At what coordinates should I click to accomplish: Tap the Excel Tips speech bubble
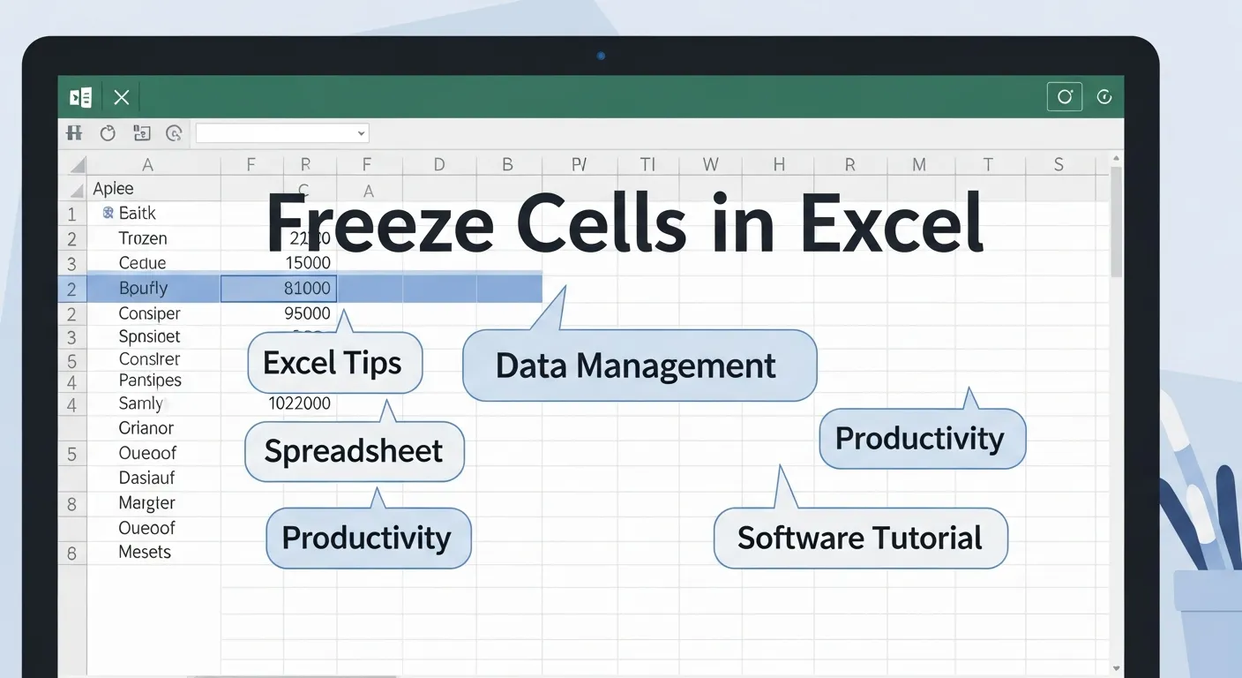point(334,363)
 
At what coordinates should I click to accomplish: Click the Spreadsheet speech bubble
point(354,451)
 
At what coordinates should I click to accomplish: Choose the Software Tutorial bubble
point(859,538)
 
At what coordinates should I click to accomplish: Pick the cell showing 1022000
point(299,403)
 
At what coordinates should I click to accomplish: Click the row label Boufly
point(143,289)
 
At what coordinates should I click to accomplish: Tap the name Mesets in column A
point(145,553)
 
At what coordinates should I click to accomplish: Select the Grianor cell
point(146,428)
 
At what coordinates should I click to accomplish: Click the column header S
point(1059,164)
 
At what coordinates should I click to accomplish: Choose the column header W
point(710,164)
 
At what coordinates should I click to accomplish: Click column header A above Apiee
point(148,164)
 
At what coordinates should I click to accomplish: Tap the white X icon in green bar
point(122,97)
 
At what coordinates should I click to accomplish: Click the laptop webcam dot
point(601,56)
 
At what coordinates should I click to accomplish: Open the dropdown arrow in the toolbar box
point(361,133)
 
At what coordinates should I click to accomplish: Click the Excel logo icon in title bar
point(81,97)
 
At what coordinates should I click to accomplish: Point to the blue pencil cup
point(1208,618)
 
